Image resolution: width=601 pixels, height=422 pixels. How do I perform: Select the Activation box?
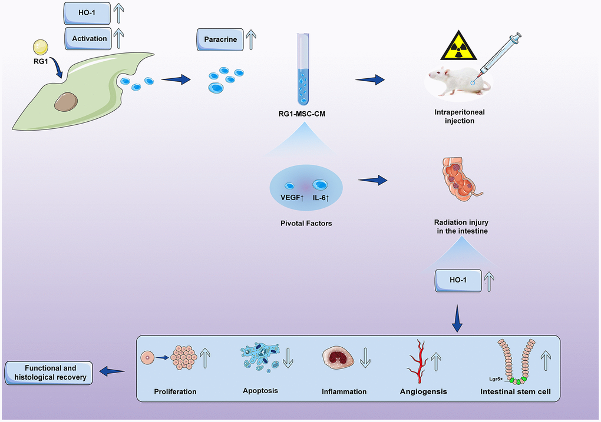90,38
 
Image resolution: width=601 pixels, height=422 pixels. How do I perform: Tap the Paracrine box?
220,39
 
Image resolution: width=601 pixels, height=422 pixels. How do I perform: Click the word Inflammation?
344,391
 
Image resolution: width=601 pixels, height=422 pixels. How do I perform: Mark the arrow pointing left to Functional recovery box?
112,371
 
